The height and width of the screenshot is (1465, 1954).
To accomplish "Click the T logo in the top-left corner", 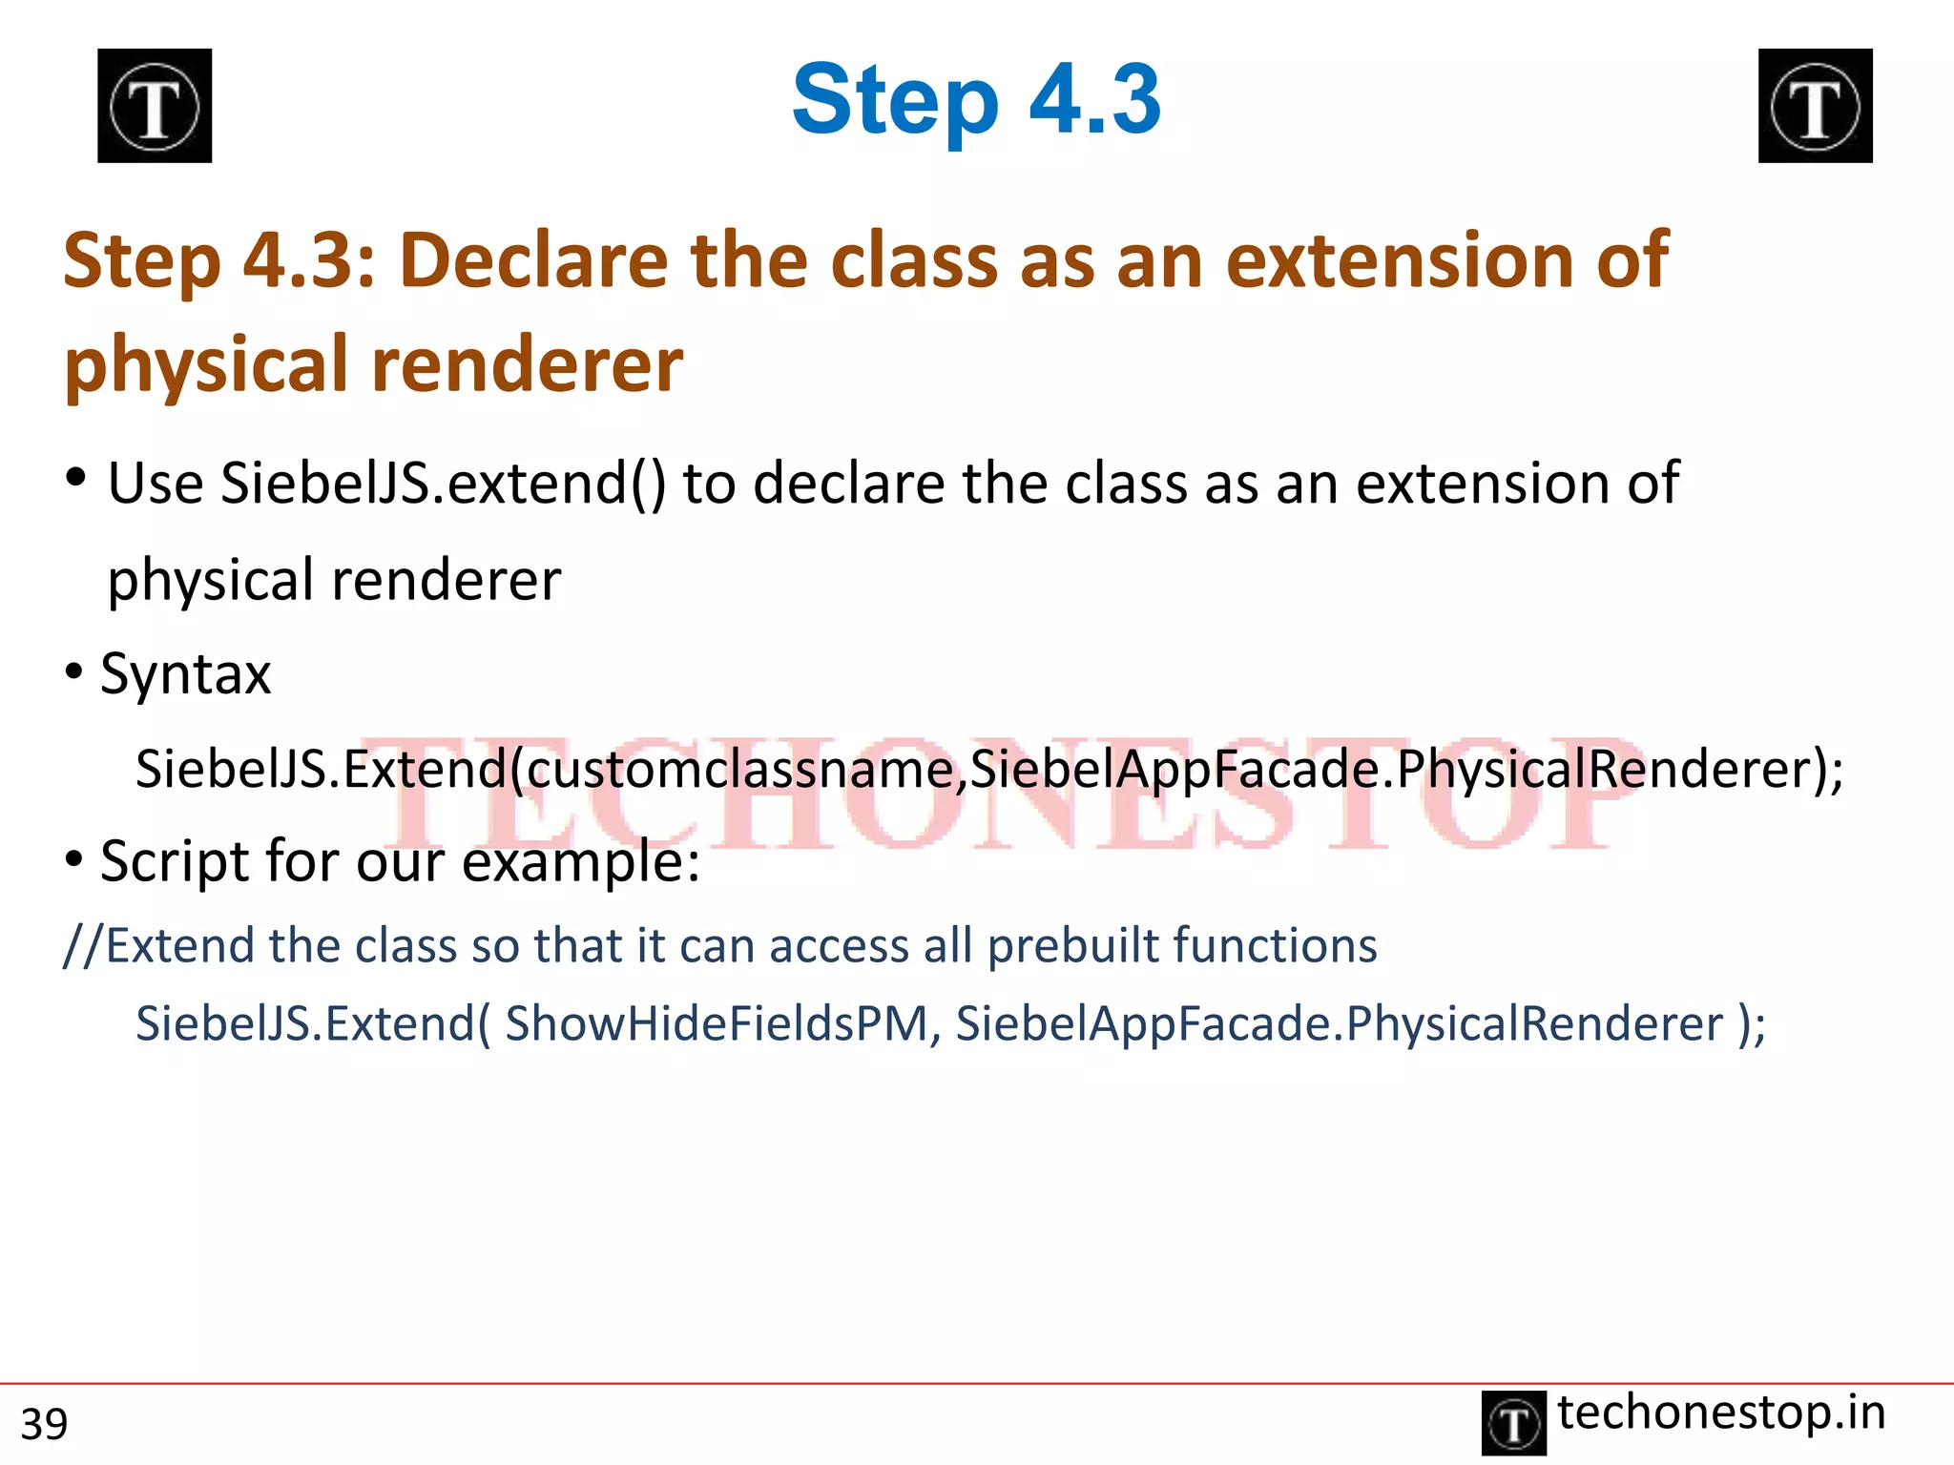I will point(155,106).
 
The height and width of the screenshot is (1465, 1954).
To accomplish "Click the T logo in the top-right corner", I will point(1815,106).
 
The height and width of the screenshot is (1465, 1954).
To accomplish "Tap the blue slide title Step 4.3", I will point(976,99).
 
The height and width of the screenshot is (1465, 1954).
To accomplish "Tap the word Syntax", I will point(186,674).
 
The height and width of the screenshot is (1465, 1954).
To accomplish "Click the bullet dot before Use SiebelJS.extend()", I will point(76,478).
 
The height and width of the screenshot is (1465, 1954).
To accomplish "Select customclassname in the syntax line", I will point(740,770).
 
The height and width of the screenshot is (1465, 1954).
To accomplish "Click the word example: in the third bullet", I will point(581,862).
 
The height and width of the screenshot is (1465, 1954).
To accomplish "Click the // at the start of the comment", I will point(83,946).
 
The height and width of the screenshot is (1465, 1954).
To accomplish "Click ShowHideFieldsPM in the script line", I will point(717,1024).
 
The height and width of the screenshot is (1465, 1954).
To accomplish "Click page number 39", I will point(44,1424).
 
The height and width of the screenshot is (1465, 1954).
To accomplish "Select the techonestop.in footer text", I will point(1721,1413).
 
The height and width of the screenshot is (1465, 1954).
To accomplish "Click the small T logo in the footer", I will point(1513,1423).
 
